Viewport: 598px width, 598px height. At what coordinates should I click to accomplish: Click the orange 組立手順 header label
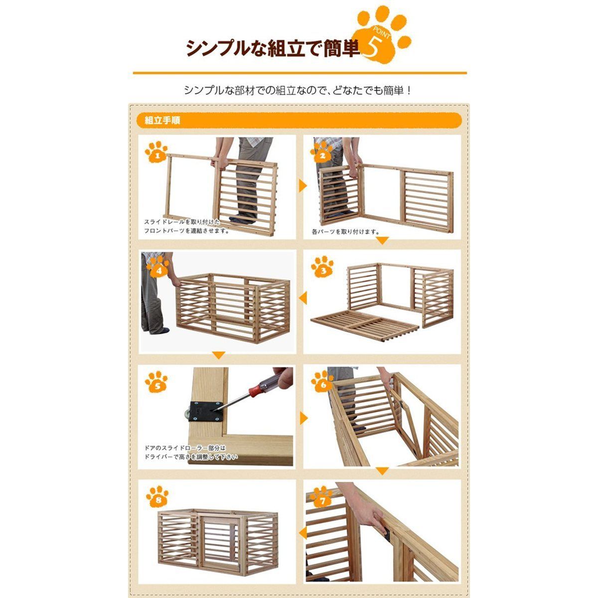point(162,121)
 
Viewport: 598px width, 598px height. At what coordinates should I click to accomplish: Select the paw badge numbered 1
point(157,152)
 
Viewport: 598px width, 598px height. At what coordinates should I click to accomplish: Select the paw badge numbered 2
point(323,152)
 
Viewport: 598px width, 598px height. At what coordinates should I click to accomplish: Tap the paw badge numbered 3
point(323,269)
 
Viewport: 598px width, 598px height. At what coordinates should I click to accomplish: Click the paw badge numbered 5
point(157,384)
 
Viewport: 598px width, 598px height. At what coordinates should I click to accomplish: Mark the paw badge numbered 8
point(157,498)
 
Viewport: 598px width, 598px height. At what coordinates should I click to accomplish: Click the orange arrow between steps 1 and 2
point(301,186)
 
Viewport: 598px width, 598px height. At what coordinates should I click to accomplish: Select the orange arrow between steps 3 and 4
point(301,299)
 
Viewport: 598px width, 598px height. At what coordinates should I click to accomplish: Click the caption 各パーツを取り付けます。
point(345,232)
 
